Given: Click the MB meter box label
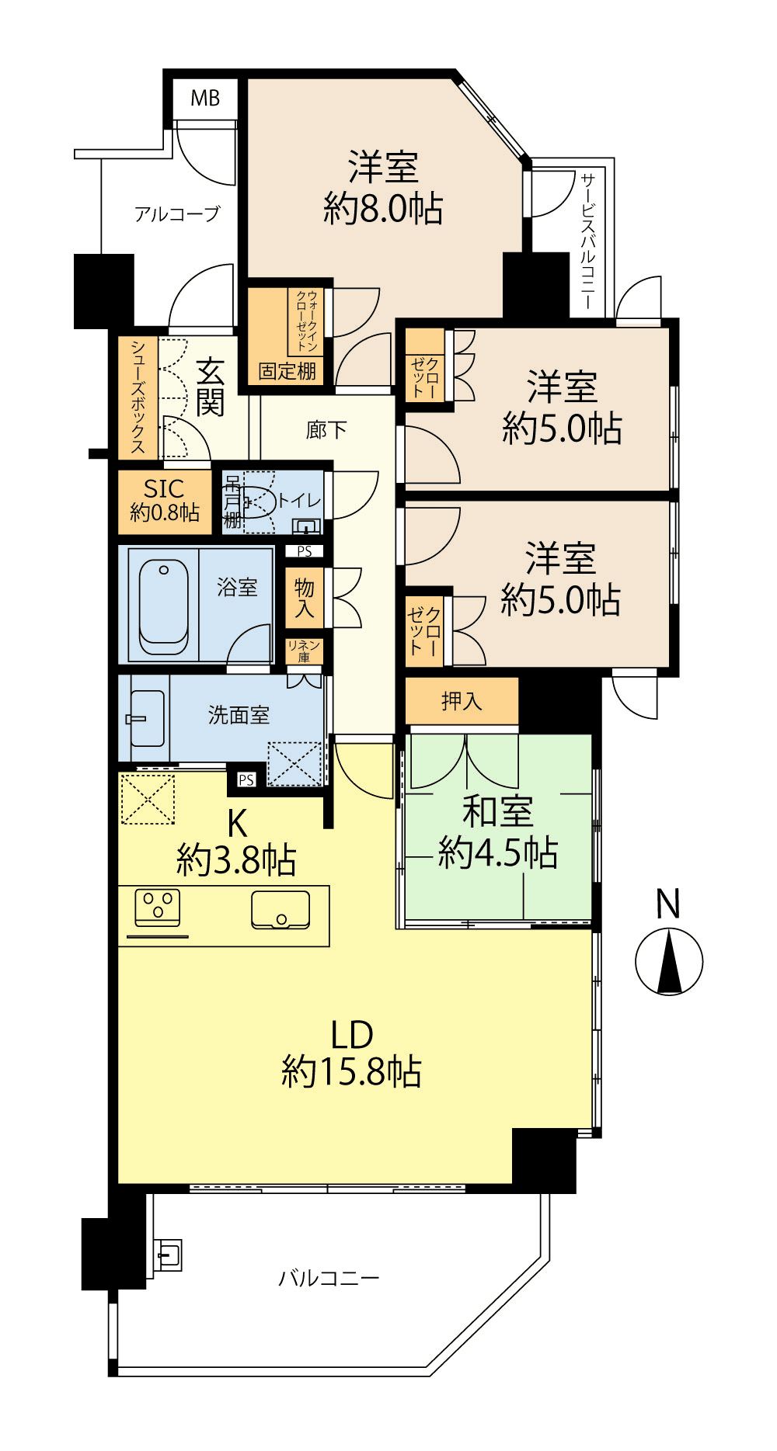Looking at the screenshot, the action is (x=205, y=99).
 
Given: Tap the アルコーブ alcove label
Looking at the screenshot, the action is (x=177, y=213).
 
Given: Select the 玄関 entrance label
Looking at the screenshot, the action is (x=210, y=387).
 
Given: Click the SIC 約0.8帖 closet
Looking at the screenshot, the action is (x=165, y=502).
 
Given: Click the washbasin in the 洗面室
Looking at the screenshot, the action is (x=147, y=718).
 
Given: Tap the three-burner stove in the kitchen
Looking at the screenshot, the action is (x=158, y=908).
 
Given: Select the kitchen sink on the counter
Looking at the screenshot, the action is (x=280, y=910).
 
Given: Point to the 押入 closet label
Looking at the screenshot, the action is (x=462, y=702).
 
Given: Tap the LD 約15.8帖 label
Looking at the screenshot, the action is (x=352, y=1054).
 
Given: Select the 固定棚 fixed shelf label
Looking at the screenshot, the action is (x=287, y=371).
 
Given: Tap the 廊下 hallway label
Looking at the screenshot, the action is (x=326, y=430).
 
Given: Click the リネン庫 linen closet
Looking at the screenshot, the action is (x=304, y=651).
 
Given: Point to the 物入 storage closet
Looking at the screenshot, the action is (x=305, y=599).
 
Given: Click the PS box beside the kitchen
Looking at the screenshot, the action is (x=246, y=779).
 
